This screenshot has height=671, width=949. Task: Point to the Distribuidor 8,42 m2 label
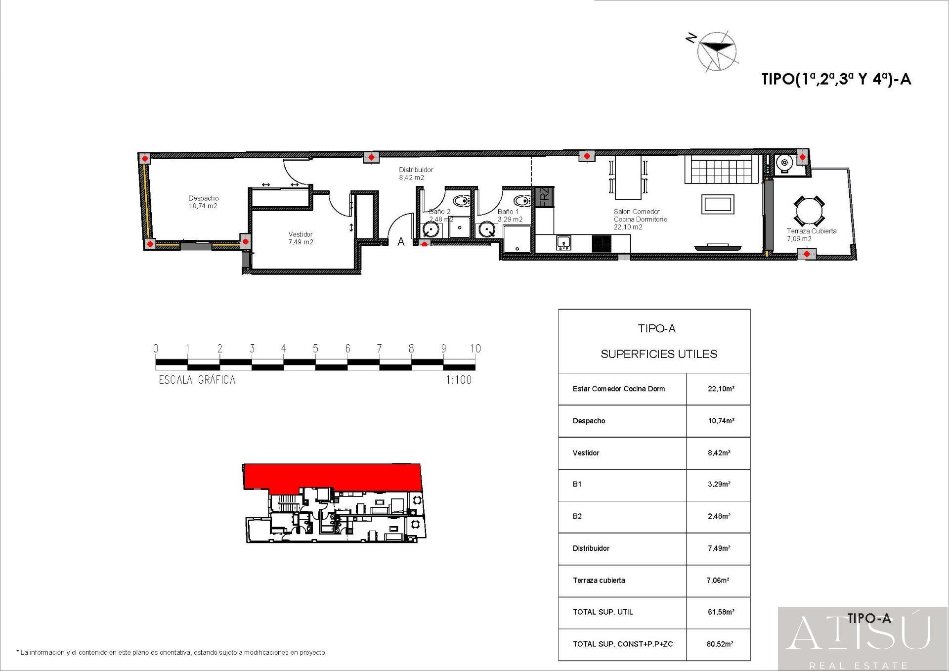(x=416, y=173)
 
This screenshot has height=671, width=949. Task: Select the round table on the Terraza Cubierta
(x=809, y=212)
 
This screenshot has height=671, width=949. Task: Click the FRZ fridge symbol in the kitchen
(x=544, y=196)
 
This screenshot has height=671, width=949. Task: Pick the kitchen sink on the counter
(x=563, y=243)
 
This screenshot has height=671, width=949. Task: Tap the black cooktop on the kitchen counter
(x=602, y=243)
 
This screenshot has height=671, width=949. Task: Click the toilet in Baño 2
(x=461, y=201)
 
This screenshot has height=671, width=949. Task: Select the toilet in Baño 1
(x=521, y=201)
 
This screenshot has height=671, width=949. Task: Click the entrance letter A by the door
(x=401, y=242)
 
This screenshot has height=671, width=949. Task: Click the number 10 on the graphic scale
(x=475, y=349)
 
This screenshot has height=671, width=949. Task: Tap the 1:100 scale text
(x=459, y=380)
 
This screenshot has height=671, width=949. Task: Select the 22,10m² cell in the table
(x=721, y=389)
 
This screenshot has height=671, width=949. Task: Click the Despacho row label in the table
(x=589, y=421)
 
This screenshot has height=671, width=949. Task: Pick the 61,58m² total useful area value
(x=721, y=612)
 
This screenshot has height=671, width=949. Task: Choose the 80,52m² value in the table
(x=720, y=644)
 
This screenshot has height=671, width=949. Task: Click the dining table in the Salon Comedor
(x=628, y=178)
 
